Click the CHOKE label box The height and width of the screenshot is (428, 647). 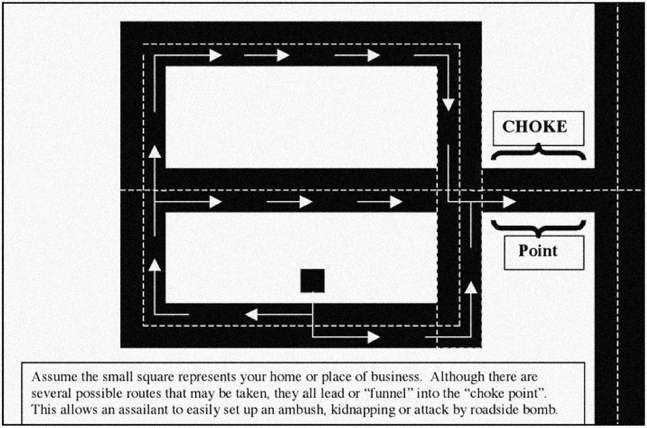tap(538, 128)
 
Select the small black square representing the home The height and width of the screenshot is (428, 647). tap(313, 281)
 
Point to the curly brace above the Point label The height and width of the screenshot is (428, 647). tap(538, 227)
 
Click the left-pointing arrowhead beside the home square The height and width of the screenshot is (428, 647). tap(252, 314)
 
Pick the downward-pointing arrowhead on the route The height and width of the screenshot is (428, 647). tap(448, 105)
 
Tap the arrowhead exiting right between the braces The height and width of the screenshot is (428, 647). tap(509, 202)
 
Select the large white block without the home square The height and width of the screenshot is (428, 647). tap(301, 117)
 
